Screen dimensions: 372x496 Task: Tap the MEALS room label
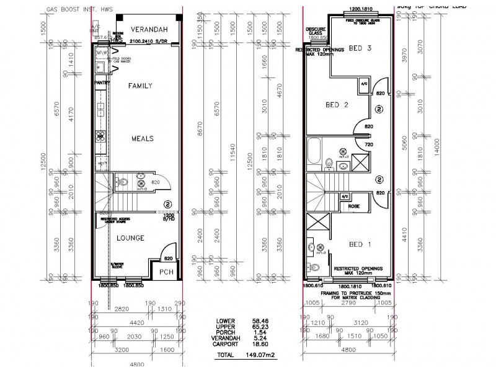141,138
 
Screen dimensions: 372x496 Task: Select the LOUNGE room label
131,237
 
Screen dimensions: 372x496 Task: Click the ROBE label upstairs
355,206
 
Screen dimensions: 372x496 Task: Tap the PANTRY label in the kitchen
101,82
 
